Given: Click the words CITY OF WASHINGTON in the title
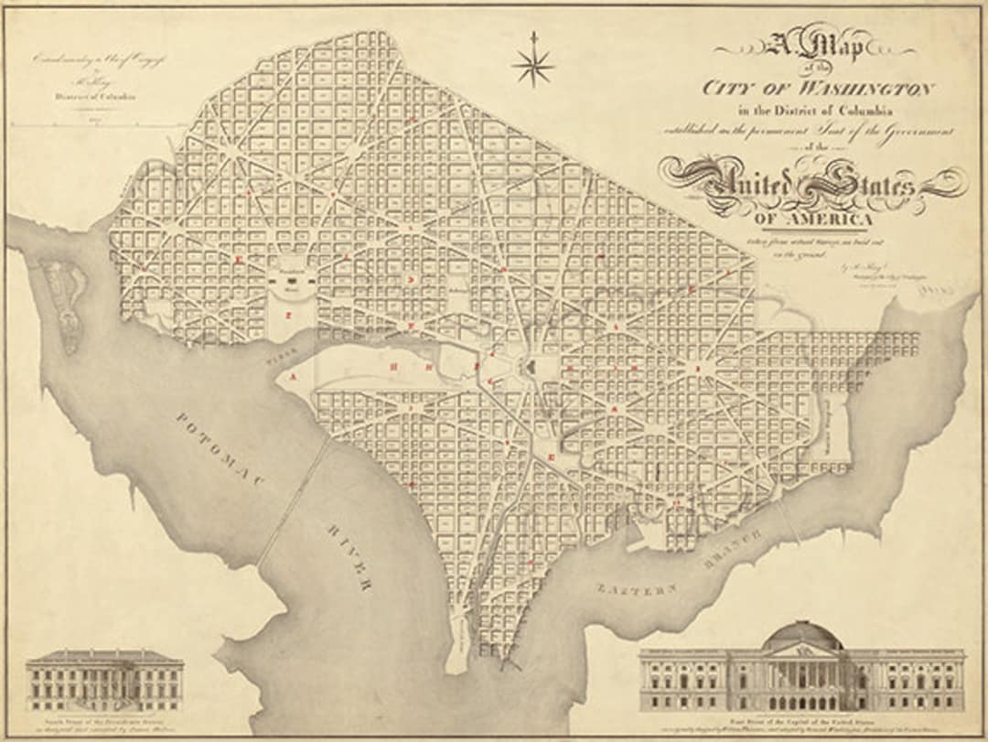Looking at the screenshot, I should [818, 88].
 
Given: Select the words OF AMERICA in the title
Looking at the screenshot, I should [813, 220].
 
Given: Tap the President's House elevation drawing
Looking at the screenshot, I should [104, 681].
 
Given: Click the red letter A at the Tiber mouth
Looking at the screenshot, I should [293, 376].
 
